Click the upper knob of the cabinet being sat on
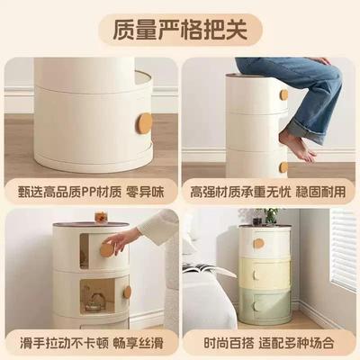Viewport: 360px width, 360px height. (x=283, y=94)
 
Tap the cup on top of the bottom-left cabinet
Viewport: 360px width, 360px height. (x=101, y=217)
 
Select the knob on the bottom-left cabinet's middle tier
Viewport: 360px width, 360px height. (x=127, y=292)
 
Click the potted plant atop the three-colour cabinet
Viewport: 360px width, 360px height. (x=267, y=215)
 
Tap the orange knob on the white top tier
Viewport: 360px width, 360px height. (x=258, y=243)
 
